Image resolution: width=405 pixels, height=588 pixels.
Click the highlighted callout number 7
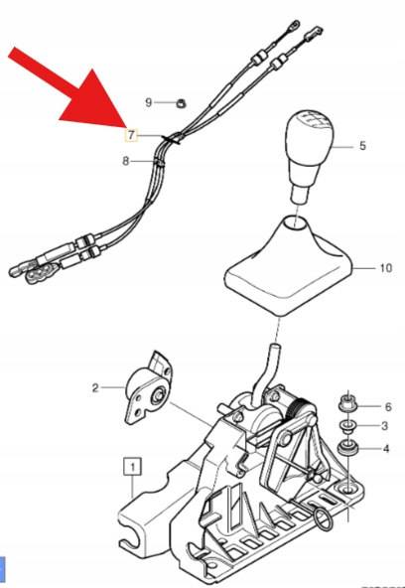[x=131, y=135]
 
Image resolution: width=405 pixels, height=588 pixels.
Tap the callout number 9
[x=149, y=102]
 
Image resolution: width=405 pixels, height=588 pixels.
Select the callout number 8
[x=125, y=161]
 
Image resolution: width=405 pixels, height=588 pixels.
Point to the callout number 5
[x=362, y=145]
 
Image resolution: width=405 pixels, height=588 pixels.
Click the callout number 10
[x=385, y=268]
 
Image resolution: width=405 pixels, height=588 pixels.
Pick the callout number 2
[x=95, y=387]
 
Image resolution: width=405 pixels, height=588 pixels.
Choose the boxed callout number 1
[x=133, y=466]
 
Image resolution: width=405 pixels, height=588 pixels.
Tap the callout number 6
[x=388, y=406]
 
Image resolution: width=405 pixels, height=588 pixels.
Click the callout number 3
[x=384, y=426]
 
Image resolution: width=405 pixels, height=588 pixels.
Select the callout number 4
[x=386, y=449]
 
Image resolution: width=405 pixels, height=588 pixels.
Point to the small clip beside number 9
[x=182, y=102]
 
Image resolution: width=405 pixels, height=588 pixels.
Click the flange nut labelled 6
[x=347, y=403]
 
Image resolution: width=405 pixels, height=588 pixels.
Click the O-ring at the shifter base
[x=322, y=519]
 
